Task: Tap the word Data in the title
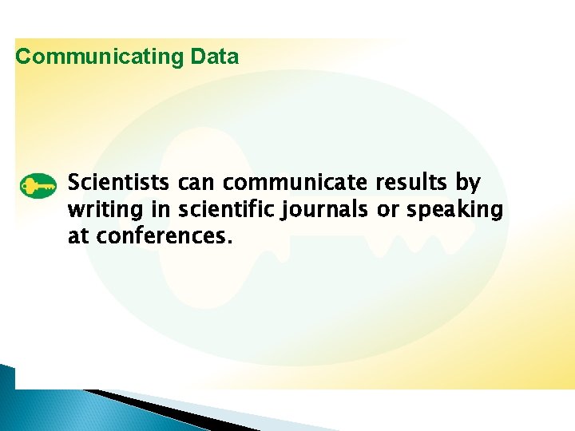point(215,57)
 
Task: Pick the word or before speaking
point(387,211)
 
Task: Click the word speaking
point(455,211)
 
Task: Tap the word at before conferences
point(77,237)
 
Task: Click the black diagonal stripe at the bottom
point(152,408)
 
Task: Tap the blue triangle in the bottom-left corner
point(7,399)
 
